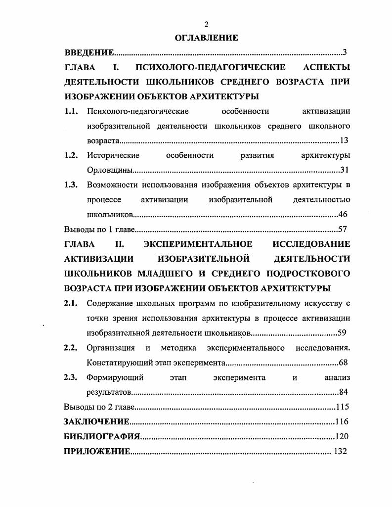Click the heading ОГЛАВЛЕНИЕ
[x=207, y=38]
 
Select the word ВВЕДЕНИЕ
[x=89, y=52]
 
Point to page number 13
[x=344, y=141]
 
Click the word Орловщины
[x=109, y=171]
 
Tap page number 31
[x=345, y=171]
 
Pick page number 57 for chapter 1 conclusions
[x=344, y=230]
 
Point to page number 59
[x=344, y=333]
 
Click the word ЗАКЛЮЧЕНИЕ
[x=97, y=422]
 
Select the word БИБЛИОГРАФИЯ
[x=102, y=437]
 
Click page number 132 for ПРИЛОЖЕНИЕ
[x=340, y=451]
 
